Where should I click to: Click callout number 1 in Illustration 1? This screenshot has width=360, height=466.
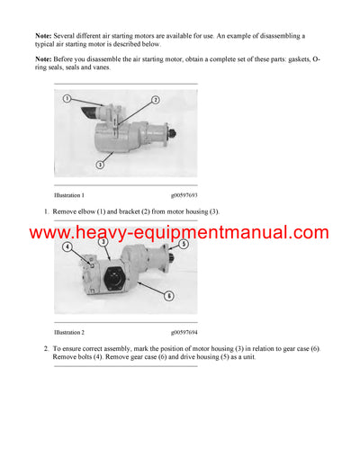(67, 98)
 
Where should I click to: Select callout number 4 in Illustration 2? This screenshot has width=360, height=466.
(68, 246)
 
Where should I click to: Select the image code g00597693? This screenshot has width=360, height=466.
(187, 194)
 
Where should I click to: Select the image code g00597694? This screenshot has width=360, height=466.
(187, 332)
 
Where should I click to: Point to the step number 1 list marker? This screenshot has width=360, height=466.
(45, 211)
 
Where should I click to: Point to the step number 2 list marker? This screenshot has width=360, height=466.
(45, 348)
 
